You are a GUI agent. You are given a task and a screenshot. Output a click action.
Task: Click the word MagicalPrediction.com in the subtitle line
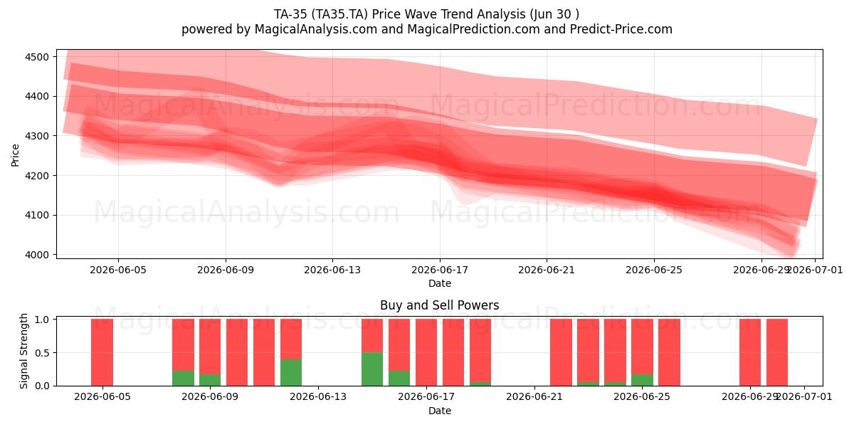click(x=473, y=29)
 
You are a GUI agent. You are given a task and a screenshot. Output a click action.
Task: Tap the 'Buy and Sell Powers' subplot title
click(x=440, y=305)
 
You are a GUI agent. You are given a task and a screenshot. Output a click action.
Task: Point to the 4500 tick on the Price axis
click(x=37, y=57)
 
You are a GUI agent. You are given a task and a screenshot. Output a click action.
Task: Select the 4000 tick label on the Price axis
click(x=37, y=255)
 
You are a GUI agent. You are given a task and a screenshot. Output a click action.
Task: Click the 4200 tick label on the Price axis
click(x=37, y=176)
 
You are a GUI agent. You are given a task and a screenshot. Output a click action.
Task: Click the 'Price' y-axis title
click(x=15, y=155)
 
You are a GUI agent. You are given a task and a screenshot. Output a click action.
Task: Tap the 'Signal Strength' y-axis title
click(x=23, y=351)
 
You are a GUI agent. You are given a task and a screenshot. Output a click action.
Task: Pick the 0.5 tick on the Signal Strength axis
click(x=42, y=353)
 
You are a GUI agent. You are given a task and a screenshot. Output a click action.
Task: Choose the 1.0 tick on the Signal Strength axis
click(x=42, y=320)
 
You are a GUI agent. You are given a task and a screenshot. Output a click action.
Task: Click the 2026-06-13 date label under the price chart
click(x=332, y=270)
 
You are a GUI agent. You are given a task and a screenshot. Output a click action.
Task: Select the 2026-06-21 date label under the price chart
click(x=547, y=270)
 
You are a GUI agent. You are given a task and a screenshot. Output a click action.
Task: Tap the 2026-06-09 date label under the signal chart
click(x=210, y=397)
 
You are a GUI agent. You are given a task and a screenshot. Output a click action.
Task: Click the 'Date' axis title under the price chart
click(x=440, y=283)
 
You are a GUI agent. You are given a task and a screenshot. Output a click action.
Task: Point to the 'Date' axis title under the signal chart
click(x=440, y=411)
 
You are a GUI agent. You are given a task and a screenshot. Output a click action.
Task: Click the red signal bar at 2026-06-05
click(x=102, y=352)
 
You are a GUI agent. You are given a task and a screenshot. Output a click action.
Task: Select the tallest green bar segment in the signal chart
click(x=372, y=369)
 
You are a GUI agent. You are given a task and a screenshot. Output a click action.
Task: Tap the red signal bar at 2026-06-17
click(x=426, y=352)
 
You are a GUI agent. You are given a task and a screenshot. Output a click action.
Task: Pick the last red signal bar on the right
click(x=777, y=352)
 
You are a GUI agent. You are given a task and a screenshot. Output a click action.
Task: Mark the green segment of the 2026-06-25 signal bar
click(x=642, y=380)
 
